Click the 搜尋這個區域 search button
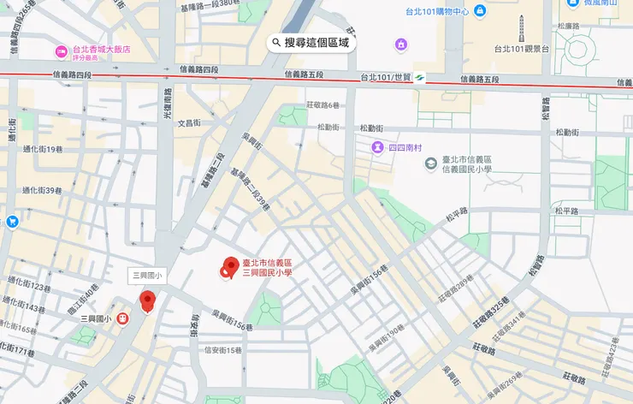pos(310,42)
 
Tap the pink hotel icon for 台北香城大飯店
pos(61,51)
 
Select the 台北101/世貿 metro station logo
pos(420,78)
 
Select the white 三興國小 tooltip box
pos(151,276)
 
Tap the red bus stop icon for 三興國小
pos(123,319)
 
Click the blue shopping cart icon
pos(12,223)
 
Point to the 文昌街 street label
pos(188,123)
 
